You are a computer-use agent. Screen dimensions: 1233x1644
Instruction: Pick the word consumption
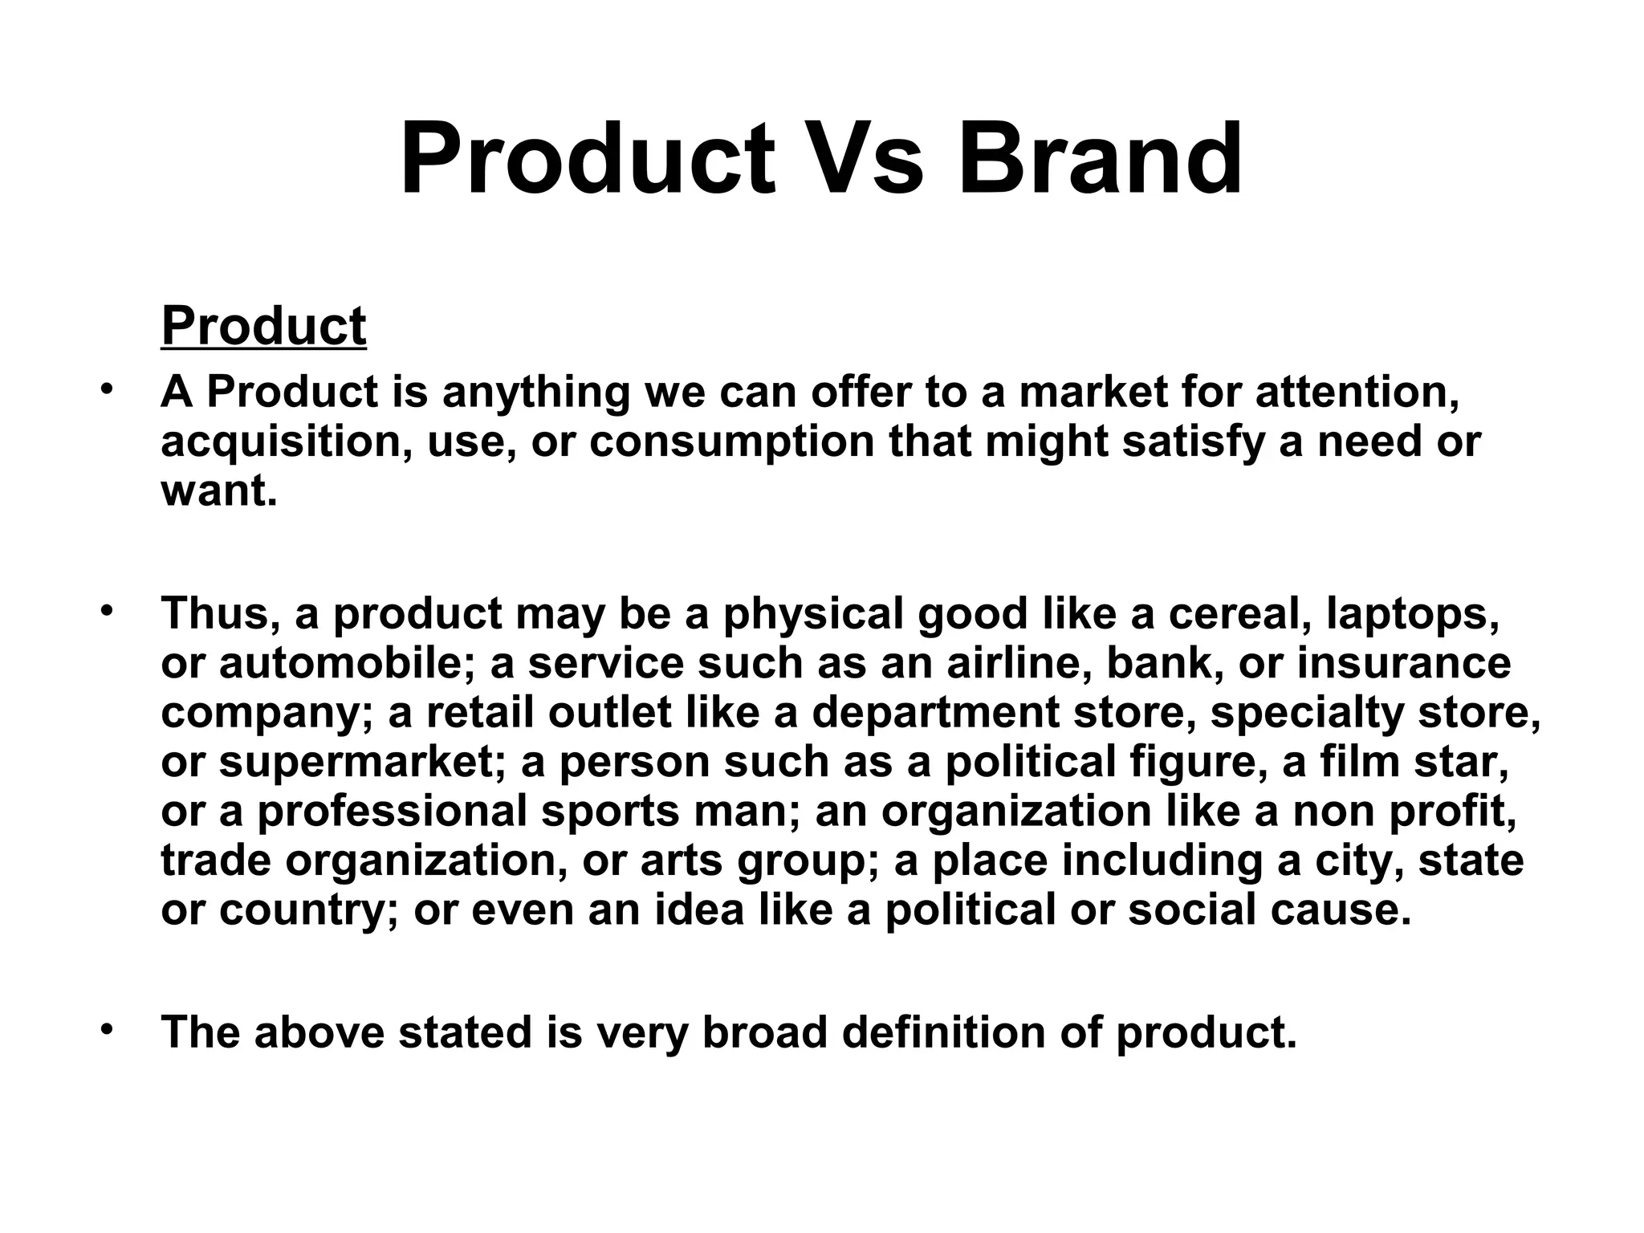[730, 442]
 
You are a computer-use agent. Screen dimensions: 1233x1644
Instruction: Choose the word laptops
[1413, 616]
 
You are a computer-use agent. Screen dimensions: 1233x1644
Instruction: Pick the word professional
[392, 812]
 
